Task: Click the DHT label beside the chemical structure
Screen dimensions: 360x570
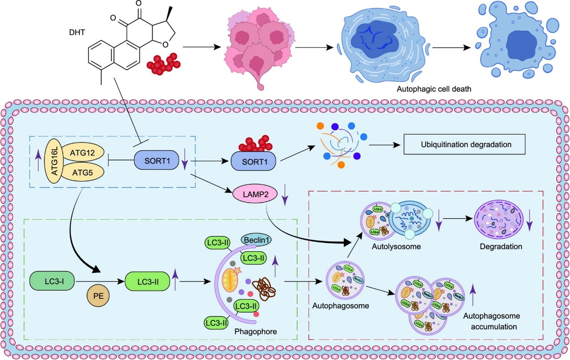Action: point(77,32)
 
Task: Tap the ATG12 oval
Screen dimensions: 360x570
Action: point(82,153)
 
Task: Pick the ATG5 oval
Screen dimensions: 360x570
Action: point(82,173)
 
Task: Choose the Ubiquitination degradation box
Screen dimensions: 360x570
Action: point(466,144)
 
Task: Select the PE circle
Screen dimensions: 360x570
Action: point(98,296)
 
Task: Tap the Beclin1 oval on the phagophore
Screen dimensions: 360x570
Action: point(256,240)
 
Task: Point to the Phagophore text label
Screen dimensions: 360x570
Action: point(255,331)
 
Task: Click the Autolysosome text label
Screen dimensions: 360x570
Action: point(396,247)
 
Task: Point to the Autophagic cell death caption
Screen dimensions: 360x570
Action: point(434,89)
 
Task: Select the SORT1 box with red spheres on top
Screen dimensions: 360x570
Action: point(255,162)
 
